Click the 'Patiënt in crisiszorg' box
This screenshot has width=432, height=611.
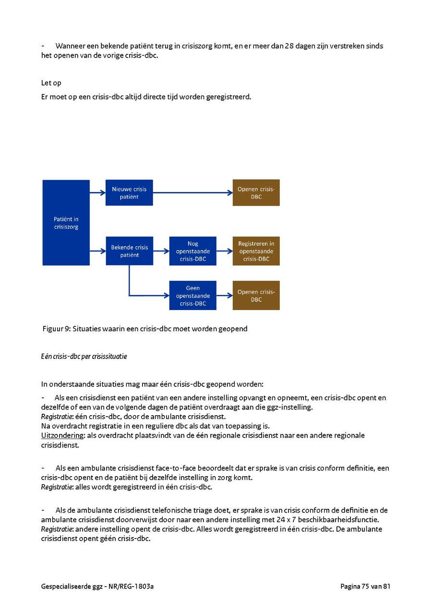pyautogui.click(x=66, y=223)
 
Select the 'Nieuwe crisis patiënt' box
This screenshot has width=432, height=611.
pyautogui.click(x=129, y=193)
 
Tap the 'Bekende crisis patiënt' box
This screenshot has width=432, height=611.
pyautogui.click(x=129, y=251)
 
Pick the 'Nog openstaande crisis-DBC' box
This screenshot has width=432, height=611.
pyautogui.click(x=192, y=251)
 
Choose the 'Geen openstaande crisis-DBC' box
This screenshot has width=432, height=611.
pyautogui.click(x=192, y=296)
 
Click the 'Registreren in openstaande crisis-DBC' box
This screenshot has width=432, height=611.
pyautogui.click(x=256, y=251)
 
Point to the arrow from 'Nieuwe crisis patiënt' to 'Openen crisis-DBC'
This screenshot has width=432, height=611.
pyautogui.click(x=192, y=193)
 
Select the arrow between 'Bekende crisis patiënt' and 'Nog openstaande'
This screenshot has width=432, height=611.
pyautogui.click(x=161, y=251)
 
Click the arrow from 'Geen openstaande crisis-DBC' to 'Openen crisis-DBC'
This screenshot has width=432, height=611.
pyautogui.click(x=224, y=296)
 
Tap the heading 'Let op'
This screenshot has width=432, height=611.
pyautogui.click(x=51, y=83)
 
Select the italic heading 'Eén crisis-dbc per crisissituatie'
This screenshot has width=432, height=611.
pyautogui.click(x=84, y=357)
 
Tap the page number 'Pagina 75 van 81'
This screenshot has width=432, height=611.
pyautogui.click(x=365, y=586)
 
